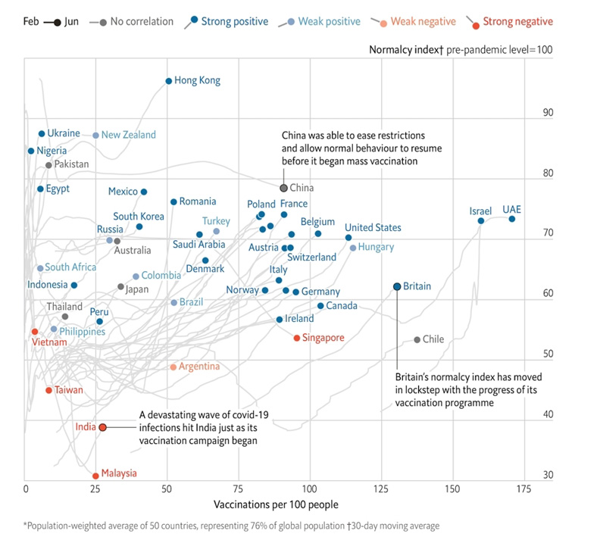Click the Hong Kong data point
click(169, 80)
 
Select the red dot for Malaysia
click(95, 476)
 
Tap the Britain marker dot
click(397, 286)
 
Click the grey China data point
click(284, 188)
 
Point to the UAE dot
click(512, 219)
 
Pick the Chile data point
click(417, 339)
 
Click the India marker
click(102, 427)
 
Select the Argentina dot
click(173, 367)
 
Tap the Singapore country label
click(323, 338)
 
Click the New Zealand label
click(129, 135)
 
